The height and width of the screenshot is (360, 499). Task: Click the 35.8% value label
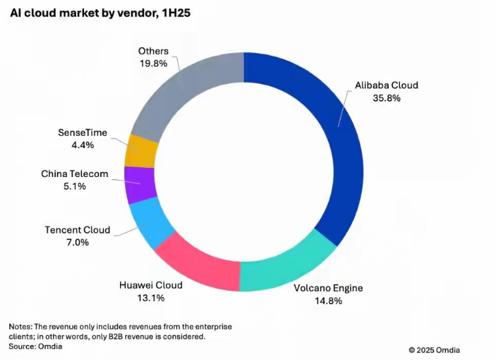click(x=387, y=98)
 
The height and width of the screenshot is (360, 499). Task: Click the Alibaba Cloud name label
click(x=386, y=85)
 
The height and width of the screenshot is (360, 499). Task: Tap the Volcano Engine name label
click(x=329, y=288)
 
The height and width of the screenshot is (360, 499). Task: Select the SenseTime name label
click(x=83, y=132)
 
